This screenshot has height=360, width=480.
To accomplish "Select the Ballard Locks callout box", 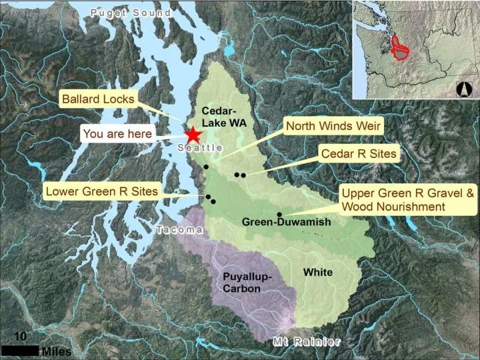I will [98, 100].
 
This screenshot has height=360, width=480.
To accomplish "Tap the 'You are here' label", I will [117, 133].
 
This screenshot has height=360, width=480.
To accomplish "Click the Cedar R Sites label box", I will [359, 154].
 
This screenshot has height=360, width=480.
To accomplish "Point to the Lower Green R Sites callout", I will [101, 192].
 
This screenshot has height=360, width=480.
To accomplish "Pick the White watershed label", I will [318, 272].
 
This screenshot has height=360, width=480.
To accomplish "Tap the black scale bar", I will [19, 350].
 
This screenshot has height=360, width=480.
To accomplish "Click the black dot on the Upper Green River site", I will [279, 214].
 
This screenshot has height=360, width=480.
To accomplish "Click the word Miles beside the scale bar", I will [56, 351].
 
